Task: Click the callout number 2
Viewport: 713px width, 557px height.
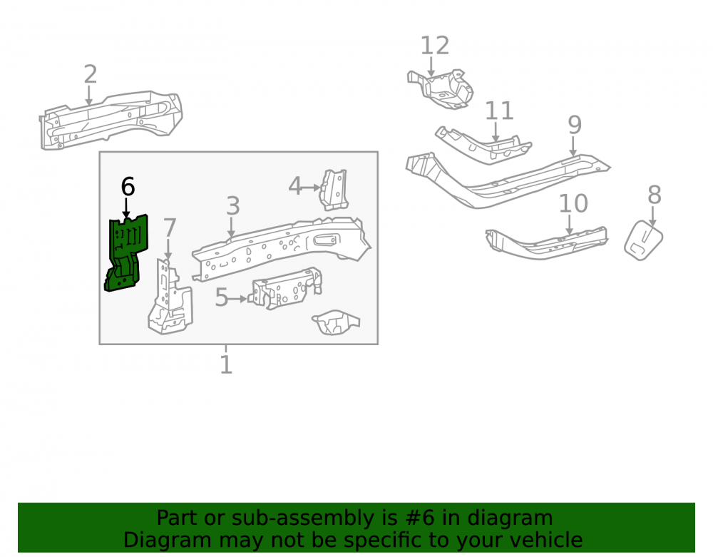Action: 91,74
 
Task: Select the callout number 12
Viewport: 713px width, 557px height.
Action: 435,46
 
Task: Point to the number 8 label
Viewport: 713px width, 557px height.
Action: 654,195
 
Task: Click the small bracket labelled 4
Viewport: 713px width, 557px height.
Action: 334,190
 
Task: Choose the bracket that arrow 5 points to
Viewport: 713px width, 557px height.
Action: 287,289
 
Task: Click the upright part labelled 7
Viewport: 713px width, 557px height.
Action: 170,298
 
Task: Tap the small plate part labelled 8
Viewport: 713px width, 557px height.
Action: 643,240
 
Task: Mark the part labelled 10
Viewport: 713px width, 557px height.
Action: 545,243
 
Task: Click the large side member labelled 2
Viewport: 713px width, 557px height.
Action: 111,120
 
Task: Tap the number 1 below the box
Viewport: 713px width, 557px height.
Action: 226,365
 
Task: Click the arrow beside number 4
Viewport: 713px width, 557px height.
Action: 311,188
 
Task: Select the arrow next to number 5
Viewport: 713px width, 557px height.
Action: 237,299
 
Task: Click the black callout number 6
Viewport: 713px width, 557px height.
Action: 128,187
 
